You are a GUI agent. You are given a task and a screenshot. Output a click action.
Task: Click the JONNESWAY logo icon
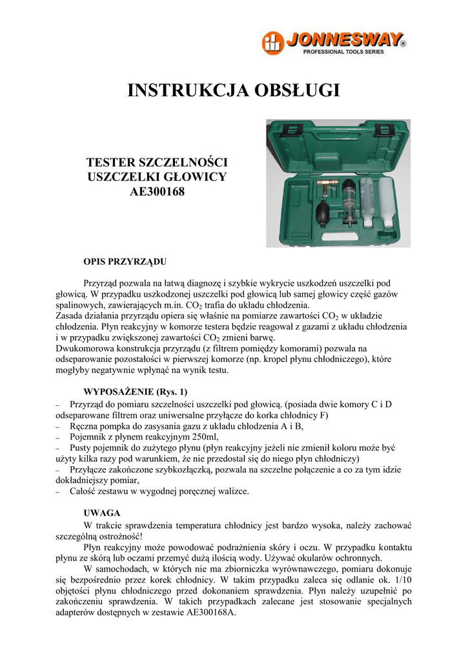point(272,43)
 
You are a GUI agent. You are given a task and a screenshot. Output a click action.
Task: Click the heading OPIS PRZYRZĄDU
point(126,262)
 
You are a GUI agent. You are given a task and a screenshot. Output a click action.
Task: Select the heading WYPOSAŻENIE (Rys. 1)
point(136,392)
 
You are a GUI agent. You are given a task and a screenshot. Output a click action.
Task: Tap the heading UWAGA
point(103,513)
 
